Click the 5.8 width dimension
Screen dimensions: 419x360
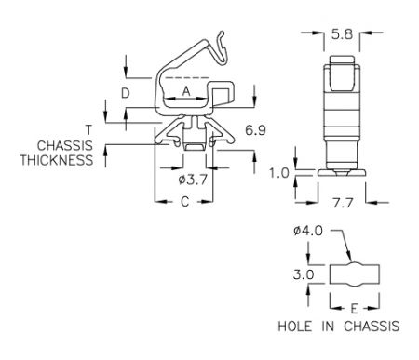click(342, 33)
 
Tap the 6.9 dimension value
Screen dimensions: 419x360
click(255, 130)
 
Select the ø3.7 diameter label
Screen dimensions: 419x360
click(193, 180)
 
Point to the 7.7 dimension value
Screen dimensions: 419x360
click(343, 203)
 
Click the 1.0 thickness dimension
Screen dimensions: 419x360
click(278, 173)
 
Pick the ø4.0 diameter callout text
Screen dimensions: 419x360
click(308, 231)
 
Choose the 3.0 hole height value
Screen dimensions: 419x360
click(304, 274)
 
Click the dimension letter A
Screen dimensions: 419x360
click(186, 91)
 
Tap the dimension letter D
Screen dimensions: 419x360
click(125, 93)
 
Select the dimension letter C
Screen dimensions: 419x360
click(185, 202)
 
